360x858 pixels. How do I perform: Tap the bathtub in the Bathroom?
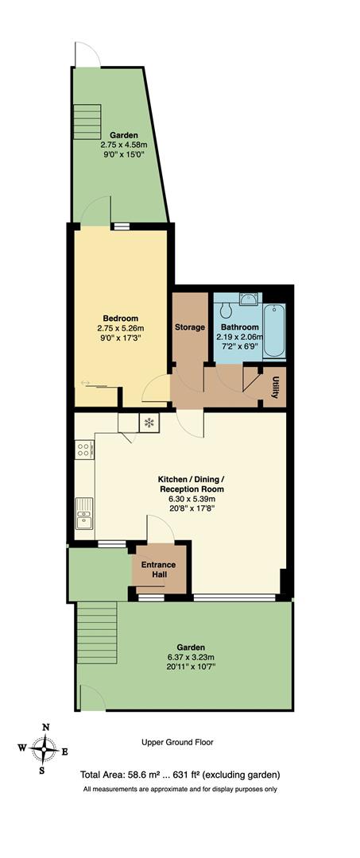click(275, 330)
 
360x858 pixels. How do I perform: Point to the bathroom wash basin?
click(248, 300)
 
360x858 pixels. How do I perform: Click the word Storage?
click(190, 327)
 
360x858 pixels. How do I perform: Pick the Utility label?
click(275, 388)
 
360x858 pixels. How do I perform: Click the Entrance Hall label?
click(159, 570)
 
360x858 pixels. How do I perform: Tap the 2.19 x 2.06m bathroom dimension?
click(238, 337)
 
